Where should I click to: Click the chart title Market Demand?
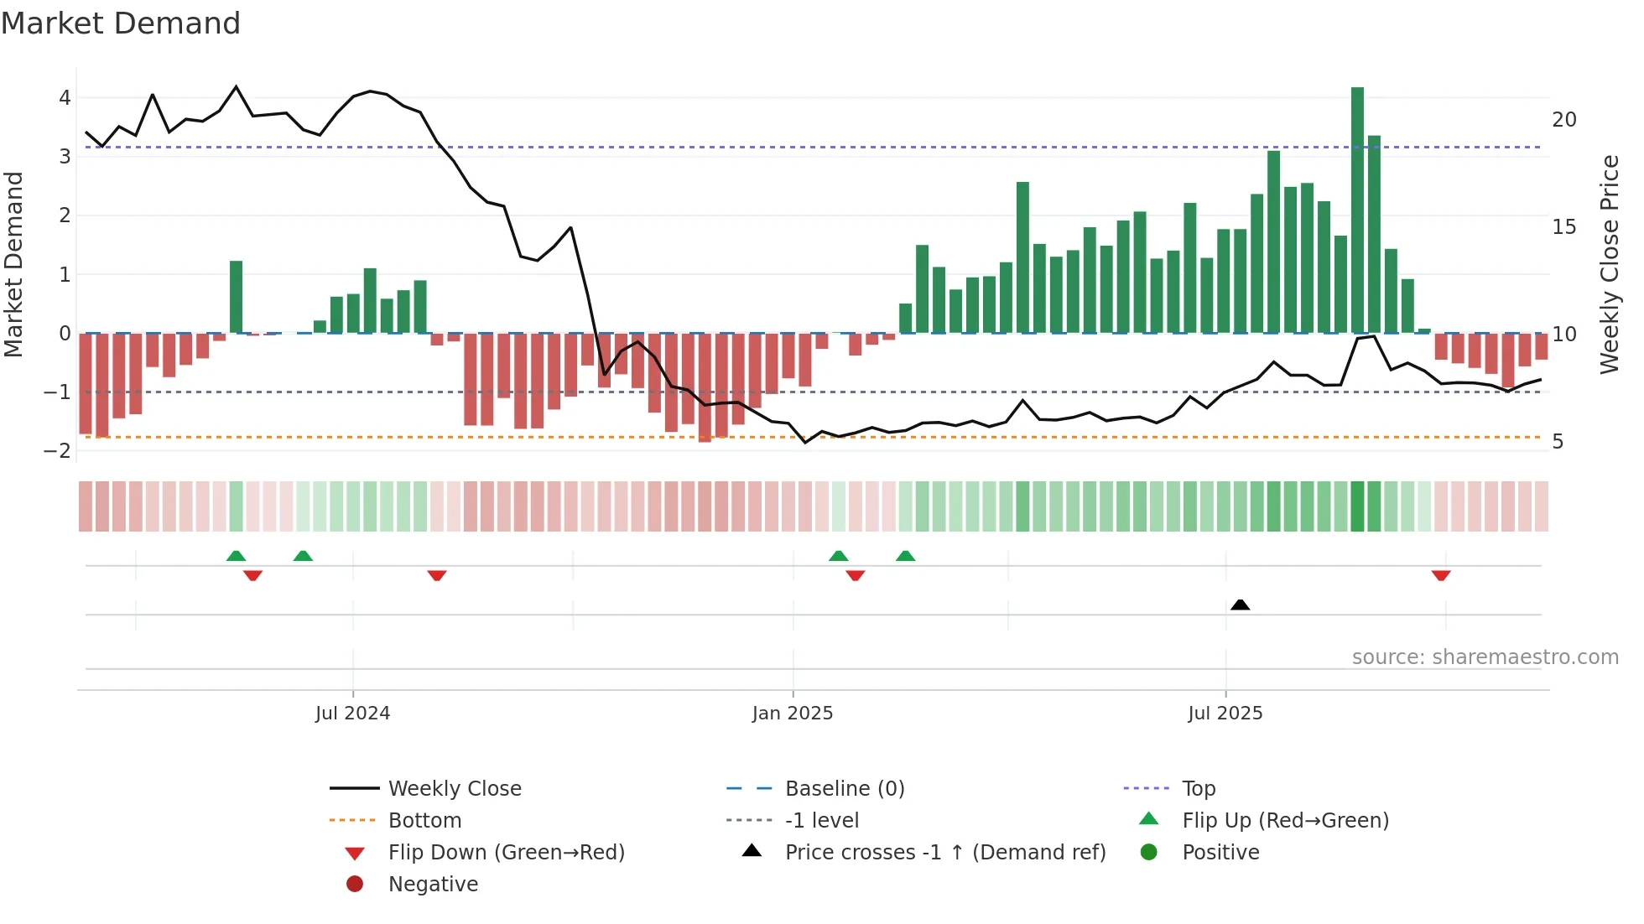tap(121, 23)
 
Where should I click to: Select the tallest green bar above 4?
tap(1357, 210)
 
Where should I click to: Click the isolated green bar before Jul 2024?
tap(236, 297)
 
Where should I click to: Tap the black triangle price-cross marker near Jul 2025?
tap(1240, 605)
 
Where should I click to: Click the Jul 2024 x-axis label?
tap(352, 714)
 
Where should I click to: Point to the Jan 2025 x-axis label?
tap(792, 714)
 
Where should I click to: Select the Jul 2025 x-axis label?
tap(1225, 714)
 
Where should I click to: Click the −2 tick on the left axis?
tap(57, 450)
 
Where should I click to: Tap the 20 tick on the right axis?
tap(1563, 120)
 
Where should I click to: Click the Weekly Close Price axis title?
tap(1609, 264)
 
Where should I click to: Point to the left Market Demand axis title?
tap(14, 264)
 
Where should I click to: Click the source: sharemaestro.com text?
tap(1485, 657)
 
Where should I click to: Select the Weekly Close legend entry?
tap(454, 789)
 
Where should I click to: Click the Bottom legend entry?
tap(424, 821)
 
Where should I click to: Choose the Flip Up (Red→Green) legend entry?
tap(1285, 821)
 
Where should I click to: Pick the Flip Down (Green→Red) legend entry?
tap(506, 853)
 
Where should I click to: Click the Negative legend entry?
tap(433, 885)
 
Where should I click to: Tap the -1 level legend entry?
tap(821, 821)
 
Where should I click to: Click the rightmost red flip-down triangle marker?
tap(1441, 575)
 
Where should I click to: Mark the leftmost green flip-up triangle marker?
tap(236, 556)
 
